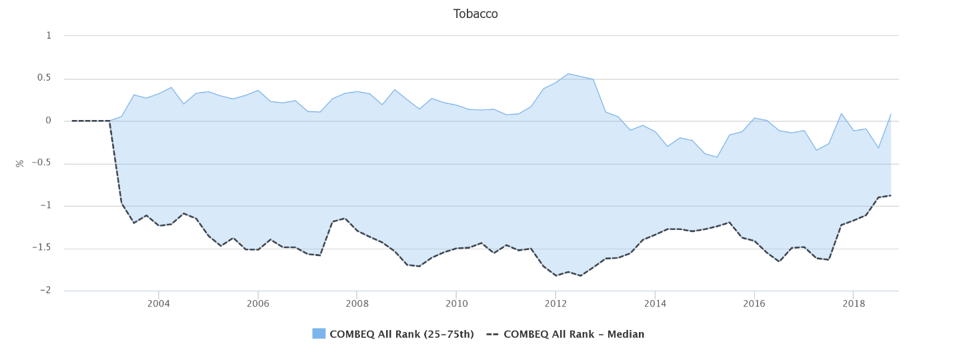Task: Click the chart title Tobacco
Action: pyautogui.click(x=475, y=14)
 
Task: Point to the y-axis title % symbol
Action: pyautogui.click(x=20, y=163)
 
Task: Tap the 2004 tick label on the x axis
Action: pyautogui.click(x=158, y=304)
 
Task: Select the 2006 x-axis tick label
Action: pyautogui.click(x=257, y=304)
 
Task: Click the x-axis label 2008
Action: pyautogui.click(x=357, y=304)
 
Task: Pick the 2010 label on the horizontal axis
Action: pyautogui.click(x=456, y=304)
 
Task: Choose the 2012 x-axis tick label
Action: pyautogui.click(x=556, y=304)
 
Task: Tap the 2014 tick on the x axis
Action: pyautogui.click(x=655, y=304)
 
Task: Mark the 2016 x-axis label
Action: pyautogui.click(x=754, y=304)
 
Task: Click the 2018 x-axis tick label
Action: pyautogui.click(x=854, y=304)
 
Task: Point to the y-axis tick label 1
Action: pyautogui.click(x=48, y=35)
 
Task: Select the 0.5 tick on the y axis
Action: pyautogui.click(x=44, y=78)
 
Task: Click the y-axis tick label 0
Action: pyautogui.click(x=48, y=121)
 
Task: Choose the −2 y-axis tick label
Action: pyautogui.click(x=45, y=291)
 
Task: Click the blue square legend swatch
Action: pyautogui.click(x=319, y=334)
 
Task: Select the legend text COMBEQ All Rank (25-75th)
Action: pyautogui.click(x=401, y=334)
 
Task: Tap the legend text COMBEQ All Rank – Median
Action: pyautogui.click(x=574, y=334)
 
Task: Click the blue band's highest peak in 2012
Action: pyautogui.click(x=568, y=73)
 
